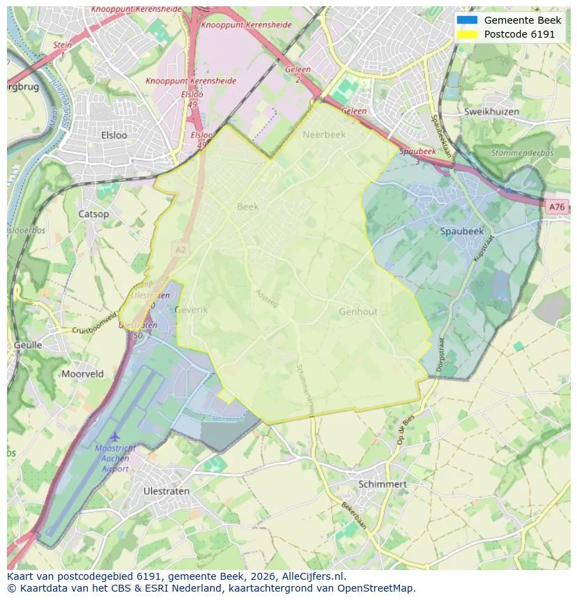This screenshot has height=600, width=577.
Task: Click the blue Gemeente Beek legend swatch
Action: [466, 20]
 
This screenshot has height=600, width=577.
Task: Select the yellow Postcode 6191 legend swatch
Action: [466, 34]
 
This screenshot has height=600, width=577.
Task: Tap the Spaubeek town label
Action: [461, 231]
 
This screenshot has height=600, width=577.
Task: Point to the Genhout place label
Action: [358, 312]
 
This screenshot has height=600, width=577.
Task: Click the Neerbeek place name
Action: [324, 135]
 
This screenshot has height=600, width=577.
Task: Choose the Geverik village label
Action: [191, 309]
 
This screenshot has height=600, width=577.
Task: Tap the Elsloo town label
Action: [114, 135]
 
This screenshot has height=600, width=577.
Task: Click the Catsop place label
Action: [93, 214]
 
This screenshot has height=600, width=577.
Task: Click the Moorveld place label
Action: [82, 374]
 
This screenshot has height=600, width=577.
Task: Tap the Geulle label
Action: [28, 345]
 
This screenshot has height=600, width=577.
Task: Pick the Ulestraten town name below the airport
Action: [166, 491]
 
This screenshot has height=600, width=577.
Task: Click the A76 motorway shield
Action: [556, 207]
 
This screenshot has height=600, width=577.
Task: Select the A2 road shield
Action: [180, 248]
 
